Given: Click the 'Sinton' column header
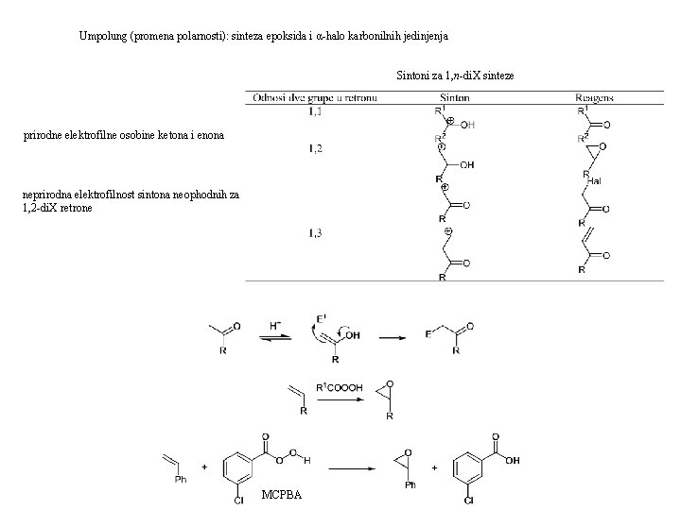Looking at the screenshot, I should pyautogui.click(x=456, y=98).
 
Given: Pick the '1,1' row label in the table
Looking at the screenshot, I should pyautogui.click(x=315, y=111).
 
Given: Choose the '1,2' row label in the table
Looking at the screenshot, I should pyautogui.click(x=315, y=148).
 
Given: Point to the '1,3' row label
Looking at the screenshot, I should pyautogui.click(x=315, y=234).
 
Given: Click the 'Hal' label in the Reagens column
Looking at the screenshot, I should pyautogui.click(x=594, y=180).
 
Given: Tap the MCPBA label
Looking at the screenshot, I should pyautogui.click(x=283, y=496).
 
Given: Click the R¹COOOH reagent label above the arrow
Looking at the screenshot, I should pyautogui.click(x=339, y=386).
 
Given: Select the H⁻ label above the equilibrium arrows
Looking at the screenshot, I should pyautogui.click(x=275, y=326).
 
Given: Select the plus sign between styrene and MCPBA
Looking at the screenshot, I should pyautogui.click(x=204, y=467).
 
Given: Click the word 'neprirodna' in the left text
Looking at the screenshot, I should pyautogui.click(x=48, y=195).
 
